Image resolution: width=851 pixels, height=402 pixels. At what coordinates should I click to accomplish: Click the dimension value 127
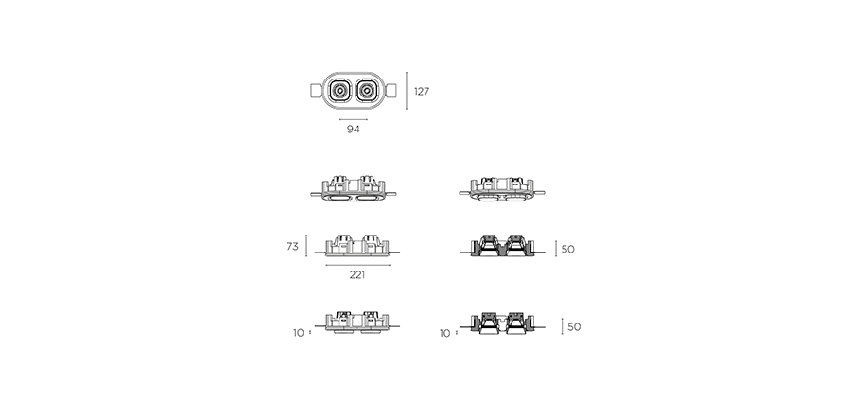tap(422, 91)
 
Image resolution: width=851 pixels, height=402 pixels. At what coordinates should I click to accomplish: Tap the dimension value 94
tap(354, 130)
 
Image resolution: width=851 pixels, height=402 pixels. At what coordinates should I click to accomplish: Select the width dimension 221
tap(357, 275)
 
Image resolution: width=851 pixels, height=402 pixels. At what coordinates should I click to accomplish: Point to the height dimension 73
tap(292, 247)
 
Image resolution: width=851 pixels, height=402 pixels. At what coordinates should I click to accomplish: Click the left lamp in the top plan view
tap(339, 91)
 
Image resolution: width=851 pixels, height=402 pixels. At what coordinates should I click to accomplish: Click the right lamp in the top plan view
tap(367, 91)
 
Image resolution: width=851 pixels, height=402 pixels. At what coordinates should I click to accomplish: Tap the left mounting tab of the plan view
tap(316, 91)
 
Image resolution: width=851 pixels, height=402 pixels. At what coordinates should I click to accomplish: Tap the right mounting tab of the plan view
tap(391, 91)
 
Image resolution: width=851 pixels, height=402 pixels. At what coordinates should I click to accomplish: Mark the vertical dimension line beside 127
tap(407, 91)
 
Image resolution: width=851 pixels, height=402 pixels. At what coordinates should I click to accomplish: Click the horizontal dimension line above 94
tap(354, 119)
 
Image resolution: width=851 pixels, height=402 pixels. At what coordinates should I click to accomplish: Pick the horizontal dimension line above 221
tap(358, 265)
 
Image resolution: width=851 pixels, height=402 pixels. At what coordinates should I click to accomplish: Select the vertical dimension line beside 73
tap(306, 246)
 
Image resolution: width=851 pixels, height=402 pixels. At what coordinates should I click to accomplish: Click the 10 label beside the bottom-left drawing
tap(299, 333)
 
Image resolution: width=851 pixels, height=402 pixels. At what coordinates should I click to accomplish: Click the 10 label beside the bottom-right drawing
tap(445, 334)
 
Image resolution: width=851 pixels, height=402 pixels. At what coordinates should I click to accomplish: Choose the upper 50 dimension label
tap(567, 250)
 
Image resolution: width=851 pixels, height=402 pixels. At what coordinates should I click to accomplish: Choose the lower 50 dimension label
tap(574, 327)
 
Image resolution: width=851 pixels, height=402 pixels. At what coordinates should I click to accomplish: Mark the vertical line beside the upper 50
tap(556, 249)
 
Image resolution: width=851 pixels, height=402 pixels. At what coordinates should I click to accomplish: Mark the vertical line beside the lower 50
tap(562, 326)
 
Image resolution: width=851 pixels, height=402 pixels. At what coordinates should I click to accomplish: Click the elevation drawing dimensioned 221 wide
tap(357, 245)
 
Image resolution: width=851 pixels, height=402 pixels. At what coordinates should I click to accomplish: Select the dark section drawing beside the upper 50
tap(502, 246)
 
